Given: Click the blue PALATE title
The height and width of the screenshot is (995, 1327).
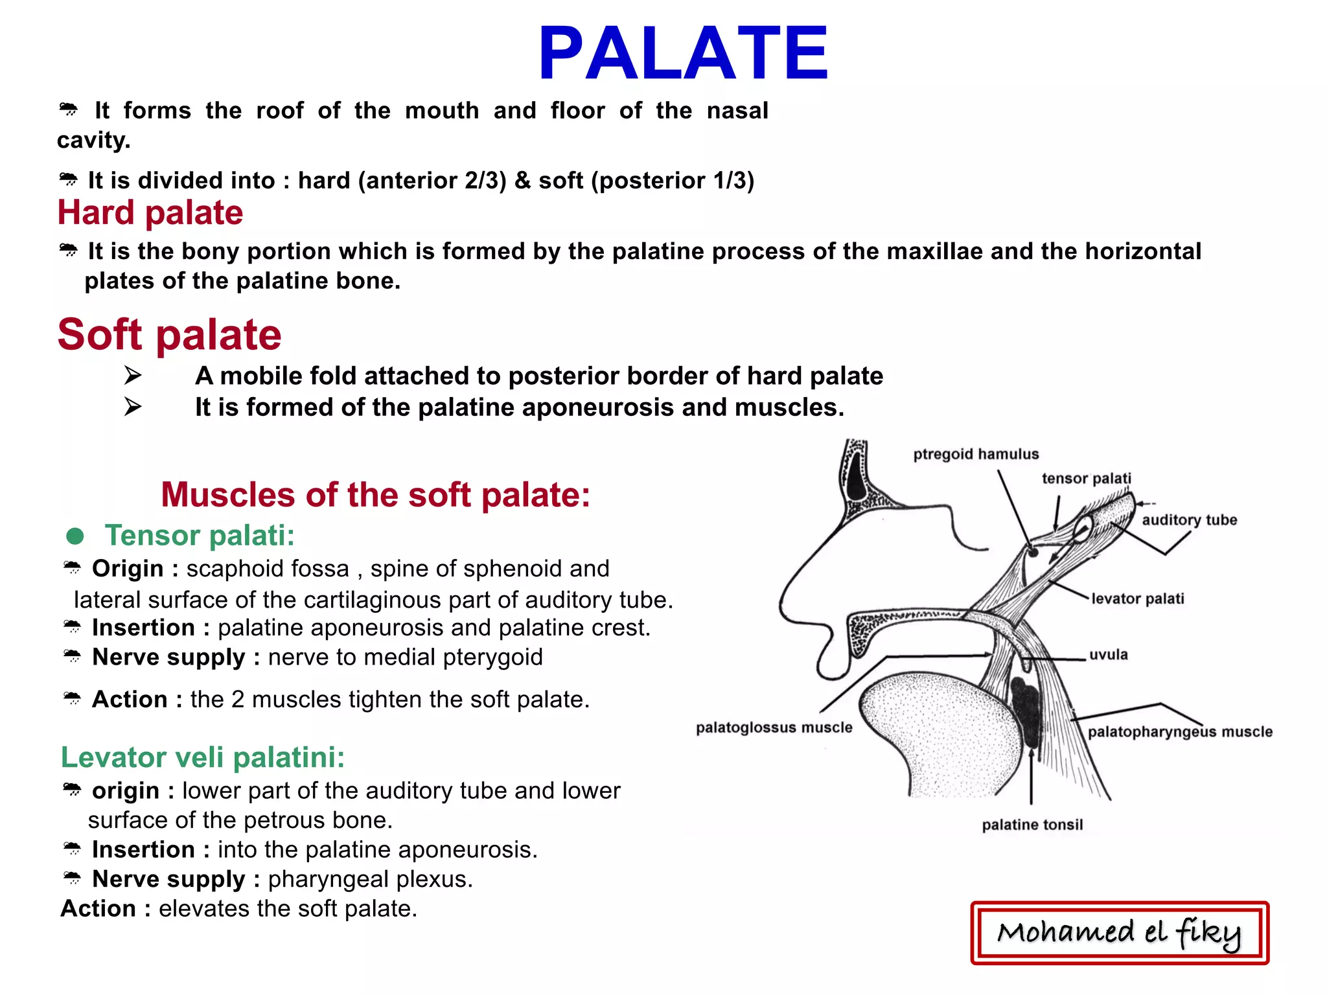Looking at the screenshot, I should (683, 53).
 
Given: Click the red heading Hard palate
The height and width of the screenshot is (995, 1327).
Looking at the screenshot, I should (150, 212).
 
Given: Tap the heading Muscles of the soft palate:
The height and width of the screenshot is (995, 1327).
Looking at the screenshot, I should (375, 495).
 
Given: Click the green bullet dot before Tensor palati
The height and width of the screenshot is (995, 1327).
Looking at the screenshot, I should (75, 536).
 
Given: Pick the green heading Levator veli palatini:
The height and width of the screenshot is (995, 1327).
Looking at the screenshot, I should (203, 757).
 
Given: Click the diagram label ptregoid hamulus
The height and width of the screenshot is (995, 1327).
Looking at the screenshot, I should (976, 454).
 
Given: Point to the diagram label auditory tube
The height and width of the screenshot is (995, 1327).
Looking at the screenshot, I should (1189, 520).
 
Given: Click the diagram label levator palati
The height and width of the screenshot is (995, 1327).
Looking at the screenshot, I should (1137, 599).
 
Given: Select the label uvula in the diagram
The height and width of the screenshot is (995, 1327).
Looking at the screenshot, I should (1108, 654).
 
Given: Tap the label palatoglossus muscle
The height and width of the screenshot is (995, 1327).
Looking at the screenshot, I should (774, 727).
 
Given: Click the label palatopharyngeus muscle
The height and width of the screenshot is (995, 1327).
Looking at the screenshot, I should (1179, 731).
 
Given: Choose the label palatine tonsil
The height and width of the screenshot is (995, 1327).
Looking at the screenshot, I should (1032, 825).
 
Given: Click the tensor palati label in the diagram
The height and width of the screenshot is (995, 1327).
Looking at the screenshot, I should (1086, 478).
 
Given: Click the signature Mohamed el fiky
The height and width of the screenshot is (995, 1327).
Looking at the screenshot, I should (1119, 933).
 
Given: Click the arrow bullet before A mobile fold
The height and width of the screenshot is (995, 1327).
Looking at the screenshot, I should (133, 375).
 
